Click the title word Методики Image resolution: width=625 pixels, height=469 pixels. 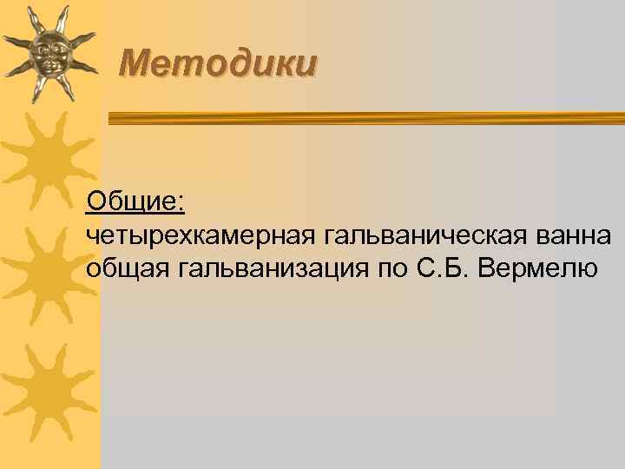(218, 63)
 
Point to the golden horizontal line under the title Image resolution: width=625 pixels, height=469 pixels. (365, 116)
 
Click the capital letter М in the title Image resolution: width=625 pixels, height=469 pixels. (134, 63)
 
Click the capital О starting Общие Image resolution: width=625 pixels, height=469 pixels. (96, 201)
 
